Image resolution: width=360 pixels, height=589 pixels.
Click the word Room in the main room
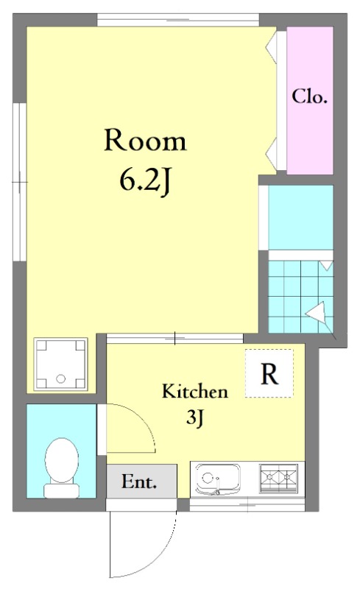coord(145,141)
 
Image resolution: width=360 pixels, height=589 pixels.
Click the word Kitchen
coord(195,391)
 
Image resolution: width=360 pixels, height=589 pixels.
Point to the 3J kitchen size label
coord(194,417)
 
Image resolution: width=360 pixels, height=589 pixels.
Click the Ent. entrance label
coord(139,482)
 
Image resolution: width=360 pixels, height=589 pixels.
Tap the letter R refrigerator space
coord(269,373)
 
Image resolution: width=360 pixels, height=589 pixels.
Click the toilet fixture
coord(62,468)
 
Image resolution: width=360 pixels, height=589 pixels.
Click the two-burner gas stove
coord(278,477)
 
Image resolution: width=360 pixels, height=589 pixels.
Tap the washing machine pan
coord(60,364)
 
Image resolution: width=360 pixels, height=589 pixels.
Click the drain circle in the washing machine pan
coord(60,378)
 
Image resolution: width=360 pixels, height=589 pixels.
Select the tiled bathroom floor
coord(300,297)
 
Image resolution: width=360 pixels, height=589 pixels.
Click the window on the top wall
coord(178,20)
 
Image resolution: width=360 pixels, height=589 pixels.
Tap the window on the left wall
coord(20,182)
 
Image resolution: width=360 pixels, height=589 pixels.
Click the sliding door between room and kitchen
coord(175,338)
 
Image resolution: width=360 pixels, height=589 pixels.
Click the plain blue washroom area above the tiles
coord(301,217)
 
